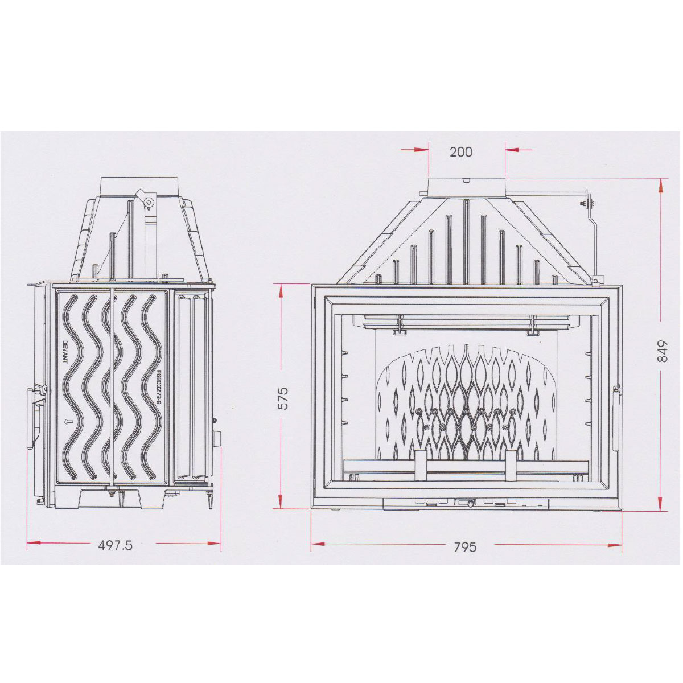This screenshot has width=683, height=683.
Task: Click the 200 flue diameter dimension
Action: coord(461,152)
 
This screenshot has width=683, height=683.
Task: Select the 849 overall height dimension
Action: coord(661,351)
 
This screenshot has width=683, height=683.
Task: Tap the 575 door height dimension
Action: coord(283,398)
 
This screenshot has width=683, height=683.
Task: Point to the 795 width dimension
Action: coord(465,547)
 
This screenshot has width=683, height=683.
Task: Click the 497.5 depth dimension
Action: coord(115,545)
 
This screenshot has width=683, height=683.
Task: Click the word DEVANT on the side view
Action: coord(65,352)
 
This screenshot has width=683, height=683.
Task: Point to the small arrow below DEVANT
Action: coord(65,422)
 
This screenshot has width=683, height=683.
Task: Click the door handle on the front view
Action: coord(618,419)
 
